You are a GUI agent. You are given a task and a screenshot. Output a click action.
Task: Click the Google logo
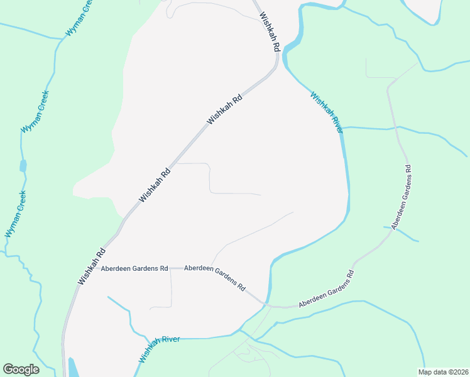(21, 369)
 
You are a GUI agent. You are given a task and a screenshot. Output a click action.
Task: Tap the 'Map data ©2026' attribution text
(443, 372)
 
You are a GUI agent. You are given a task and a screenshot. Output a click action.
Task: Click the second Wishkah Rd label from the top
(225, 109)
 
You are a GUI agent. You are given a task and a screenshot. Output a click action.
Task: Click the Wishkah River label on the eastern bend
(327, 112)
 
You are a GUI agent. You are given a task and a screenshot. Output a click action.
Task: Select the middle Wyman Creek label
(35, 111)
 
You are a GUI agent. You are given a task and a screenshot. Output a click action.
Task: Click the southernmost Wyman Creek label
(15, 214)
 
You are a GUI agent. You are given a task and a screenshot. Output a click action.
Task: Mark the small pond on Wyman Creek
(23, 166)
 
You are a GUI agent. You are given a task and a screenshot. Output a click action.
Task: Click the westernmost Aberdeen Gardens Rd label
(134, 268)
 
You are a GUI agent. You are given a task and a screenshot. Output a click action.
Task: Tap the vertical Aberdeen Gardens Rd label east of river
(401, 197)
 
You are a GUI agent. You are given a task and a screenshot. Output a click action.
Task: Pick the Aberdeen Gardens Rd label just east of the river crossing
(327, 291)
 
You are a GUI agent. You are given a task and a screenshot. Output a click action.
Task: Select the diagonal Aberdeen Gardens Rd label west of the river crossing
(215, 276)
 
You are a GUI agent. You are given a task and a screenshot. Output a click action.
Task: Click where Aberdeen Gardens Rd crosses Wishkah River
(267, 305)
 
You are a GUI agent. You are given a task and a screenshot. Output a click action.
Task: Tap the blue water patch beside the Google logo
(73, 368)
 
